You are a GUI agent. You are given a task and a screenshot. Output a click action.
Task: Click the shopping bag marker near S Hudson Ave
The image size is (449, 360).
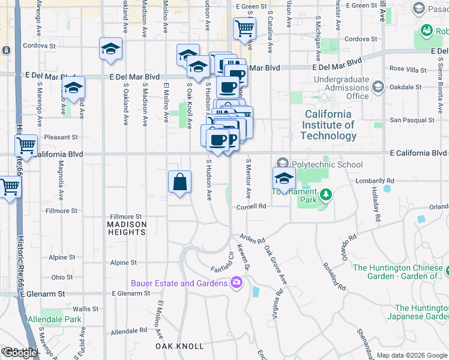[180, 182]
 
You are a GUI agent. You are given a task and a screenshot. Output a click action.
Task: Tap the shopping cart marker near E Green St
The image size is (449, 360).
[244, 28]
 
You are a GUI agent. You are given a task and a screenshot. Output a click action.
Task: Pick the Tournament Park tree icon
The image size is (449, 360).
[325, 195]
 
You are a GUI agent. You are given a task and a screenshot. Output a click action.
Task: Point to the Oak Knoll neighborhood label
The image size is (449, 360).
[179, 346]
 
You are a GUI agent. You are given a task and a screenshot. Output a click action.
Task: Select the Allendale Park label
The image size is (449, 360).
[55, 320]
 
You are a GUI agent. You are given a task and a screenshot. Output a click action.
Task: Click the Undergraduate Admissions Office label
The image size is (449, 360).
[341, 88]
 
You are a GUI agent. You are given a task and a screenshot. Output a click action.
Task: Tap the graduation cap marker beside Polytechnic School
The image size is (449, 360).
[284, 178]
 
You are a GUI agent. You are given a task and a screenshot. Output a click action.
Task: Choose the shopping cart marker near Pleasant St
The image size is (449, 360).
[26, 145]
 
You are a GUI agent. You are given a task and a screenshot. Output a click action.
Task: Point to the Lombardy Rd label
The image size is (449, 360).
[374, 180]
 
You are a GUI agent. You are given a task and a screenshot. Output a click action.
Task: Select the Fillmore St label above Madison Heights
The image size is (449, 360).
[125, 217]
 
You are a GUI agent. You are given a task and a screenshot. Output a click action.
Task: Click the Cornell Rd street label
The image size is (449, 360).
[251, 206]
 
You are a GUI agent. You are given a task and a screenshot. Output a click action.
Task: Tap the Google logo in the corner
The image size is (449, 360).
[19, 353]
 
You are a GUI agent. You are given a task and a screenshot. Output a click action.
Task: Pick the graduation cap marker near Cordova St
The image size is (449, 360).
[110, 49]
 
